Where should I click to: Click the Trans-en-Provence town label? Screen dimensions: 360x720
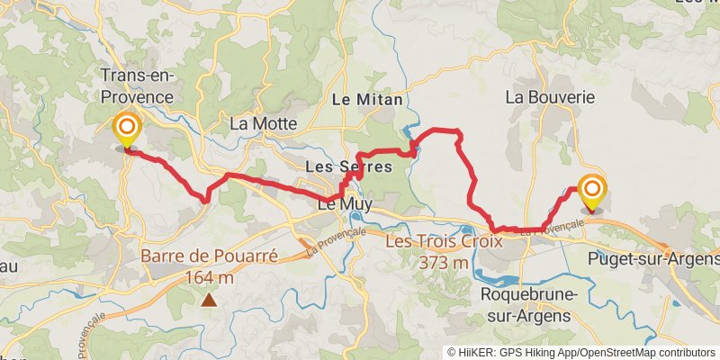[x=137, y=85]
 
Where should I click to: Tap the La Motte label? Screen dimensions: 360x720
[x=262, y=123]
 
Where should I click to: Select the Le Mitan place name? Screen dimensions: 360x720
[x=367, y=99]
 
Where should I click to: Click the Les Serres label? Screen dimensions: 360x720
[x=348, y=166]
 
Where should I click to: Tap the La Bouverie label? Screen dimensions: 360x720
[x=540, y=94]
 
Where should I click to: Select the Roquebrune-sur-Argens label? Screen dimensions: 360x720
[x=526, y=305]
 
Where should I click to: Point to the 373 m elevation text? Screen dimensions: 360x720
[x=444, y=263]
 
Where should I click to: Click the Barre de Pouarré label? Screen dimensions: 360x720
[x=208, y=256]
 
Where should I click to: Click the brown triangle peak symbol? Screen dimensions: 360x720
[x=209, y=301]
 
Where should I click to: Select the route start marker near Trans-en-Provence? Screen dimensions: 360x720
[x=126, y=130]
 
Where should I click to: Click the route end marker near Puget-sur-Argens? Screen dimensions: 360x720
[x=592, y=192]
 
